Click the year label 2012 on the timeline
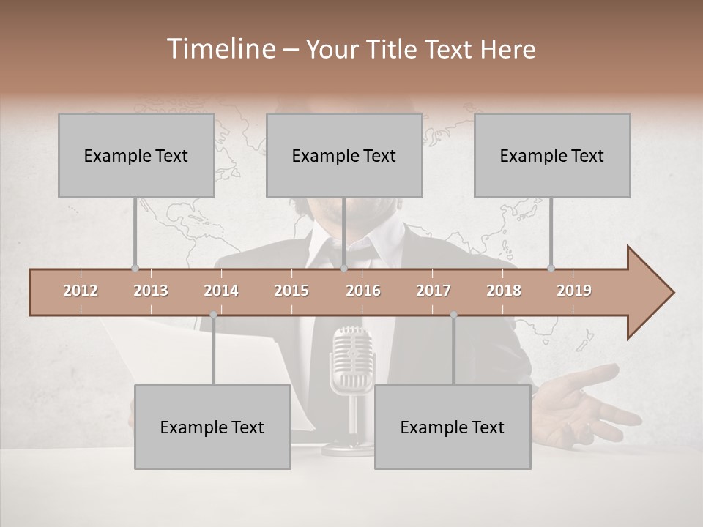coord(81,291)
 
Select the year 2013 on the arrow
coord(151,291)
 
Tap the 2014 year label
coord(221,291)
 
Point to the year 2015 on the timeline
coord(291,291)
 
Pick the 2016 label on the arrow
coord(363,291)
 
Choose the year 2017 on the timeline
coord(434,291)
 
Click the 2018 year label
coord(504,291)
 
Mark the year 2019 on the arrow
coord(574,291)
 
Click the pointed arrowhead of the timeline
coord(652,293)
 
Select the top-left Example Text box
coord(136,155)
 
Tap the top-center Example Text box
coord(344,155)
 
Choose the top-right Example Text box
coord(552,155)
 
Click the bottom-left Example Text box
coord(212,427)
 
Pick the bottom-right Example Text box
coord(453,427)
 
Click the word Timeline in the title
coord(220,49)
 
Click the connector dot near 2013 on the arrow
coord(135,268)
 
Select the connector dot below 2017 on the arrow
coord(453,315)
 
